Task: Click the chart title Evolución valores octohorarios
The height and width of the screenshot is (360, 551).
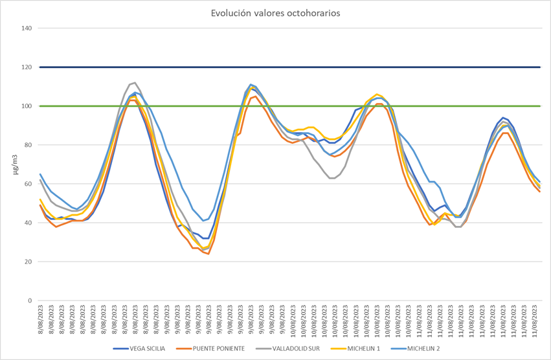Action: (275, 13)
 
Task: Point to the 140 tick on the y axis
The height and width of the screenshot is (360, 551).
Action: (27, 28)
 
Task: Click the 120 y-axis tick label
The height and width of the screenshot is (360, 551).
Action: (27, 67)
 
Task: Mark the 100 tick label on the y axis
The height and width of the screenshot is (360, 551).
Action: (27, 106)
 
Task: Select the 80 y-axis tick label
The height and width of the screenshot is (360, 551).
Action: (28, 145)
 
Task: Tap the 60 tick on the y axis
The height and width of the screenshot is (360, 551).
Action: (28, 184)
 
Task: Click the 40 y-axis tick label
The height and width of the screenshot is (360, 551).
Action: (28, 223)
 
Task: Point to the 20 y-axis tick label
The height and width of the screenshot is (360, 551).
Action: (28, 262)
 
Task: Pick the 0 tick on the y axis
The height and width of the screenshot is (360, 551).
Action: (30, 300)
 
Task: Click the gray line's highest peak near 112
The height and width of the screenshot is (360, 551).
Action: (134, 83)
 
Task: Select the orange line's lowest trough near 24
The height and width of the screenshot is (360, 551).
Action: (208, 254)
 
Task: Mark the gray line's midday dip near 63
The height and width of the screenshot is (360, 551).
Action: (332, 178)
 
